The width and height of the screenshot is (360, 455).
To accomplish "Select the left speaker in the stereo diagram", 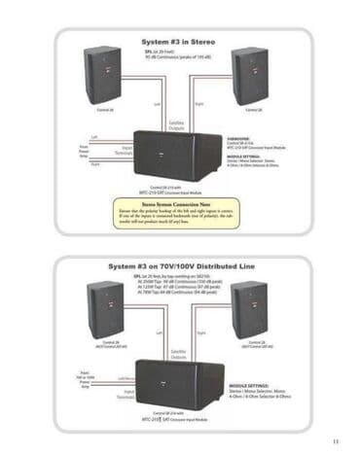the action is pyautogui.click(x=103, y=75).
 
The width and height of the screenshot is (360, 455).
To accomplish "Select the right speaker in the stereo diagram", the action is pyautogui.click(x=250, y=75).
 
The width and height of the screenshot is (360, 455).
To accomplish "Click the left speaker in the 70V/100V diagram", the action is pyautogui.click(x=106, y=308).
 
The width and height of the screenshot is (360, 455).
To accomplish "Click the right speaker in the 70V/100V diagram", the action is pyautogui.click(x=249, y=308).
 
